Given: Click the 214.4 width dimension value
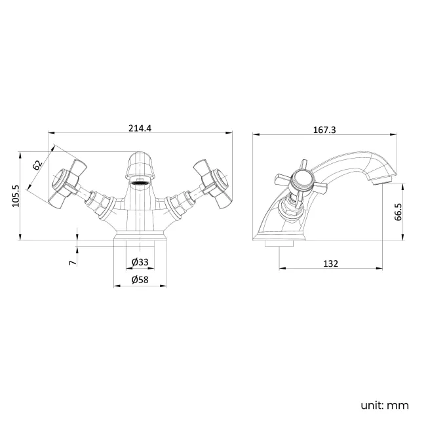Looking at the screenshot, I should (x=140, y=128).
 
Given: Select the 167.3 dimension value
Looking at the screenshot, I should (x=324, y=130).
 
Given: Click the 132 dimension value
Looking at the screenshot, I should (x=331, y=263).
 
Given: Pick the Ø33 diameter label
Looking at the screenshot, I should (x=140, y=262).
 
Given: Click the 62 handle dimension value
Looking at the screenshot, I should (x=37, y=165).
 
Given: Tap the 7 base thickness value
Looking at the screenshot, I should (x=73, y=261).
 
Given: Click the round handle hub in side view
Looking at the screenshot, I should (x=302, y=179).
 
